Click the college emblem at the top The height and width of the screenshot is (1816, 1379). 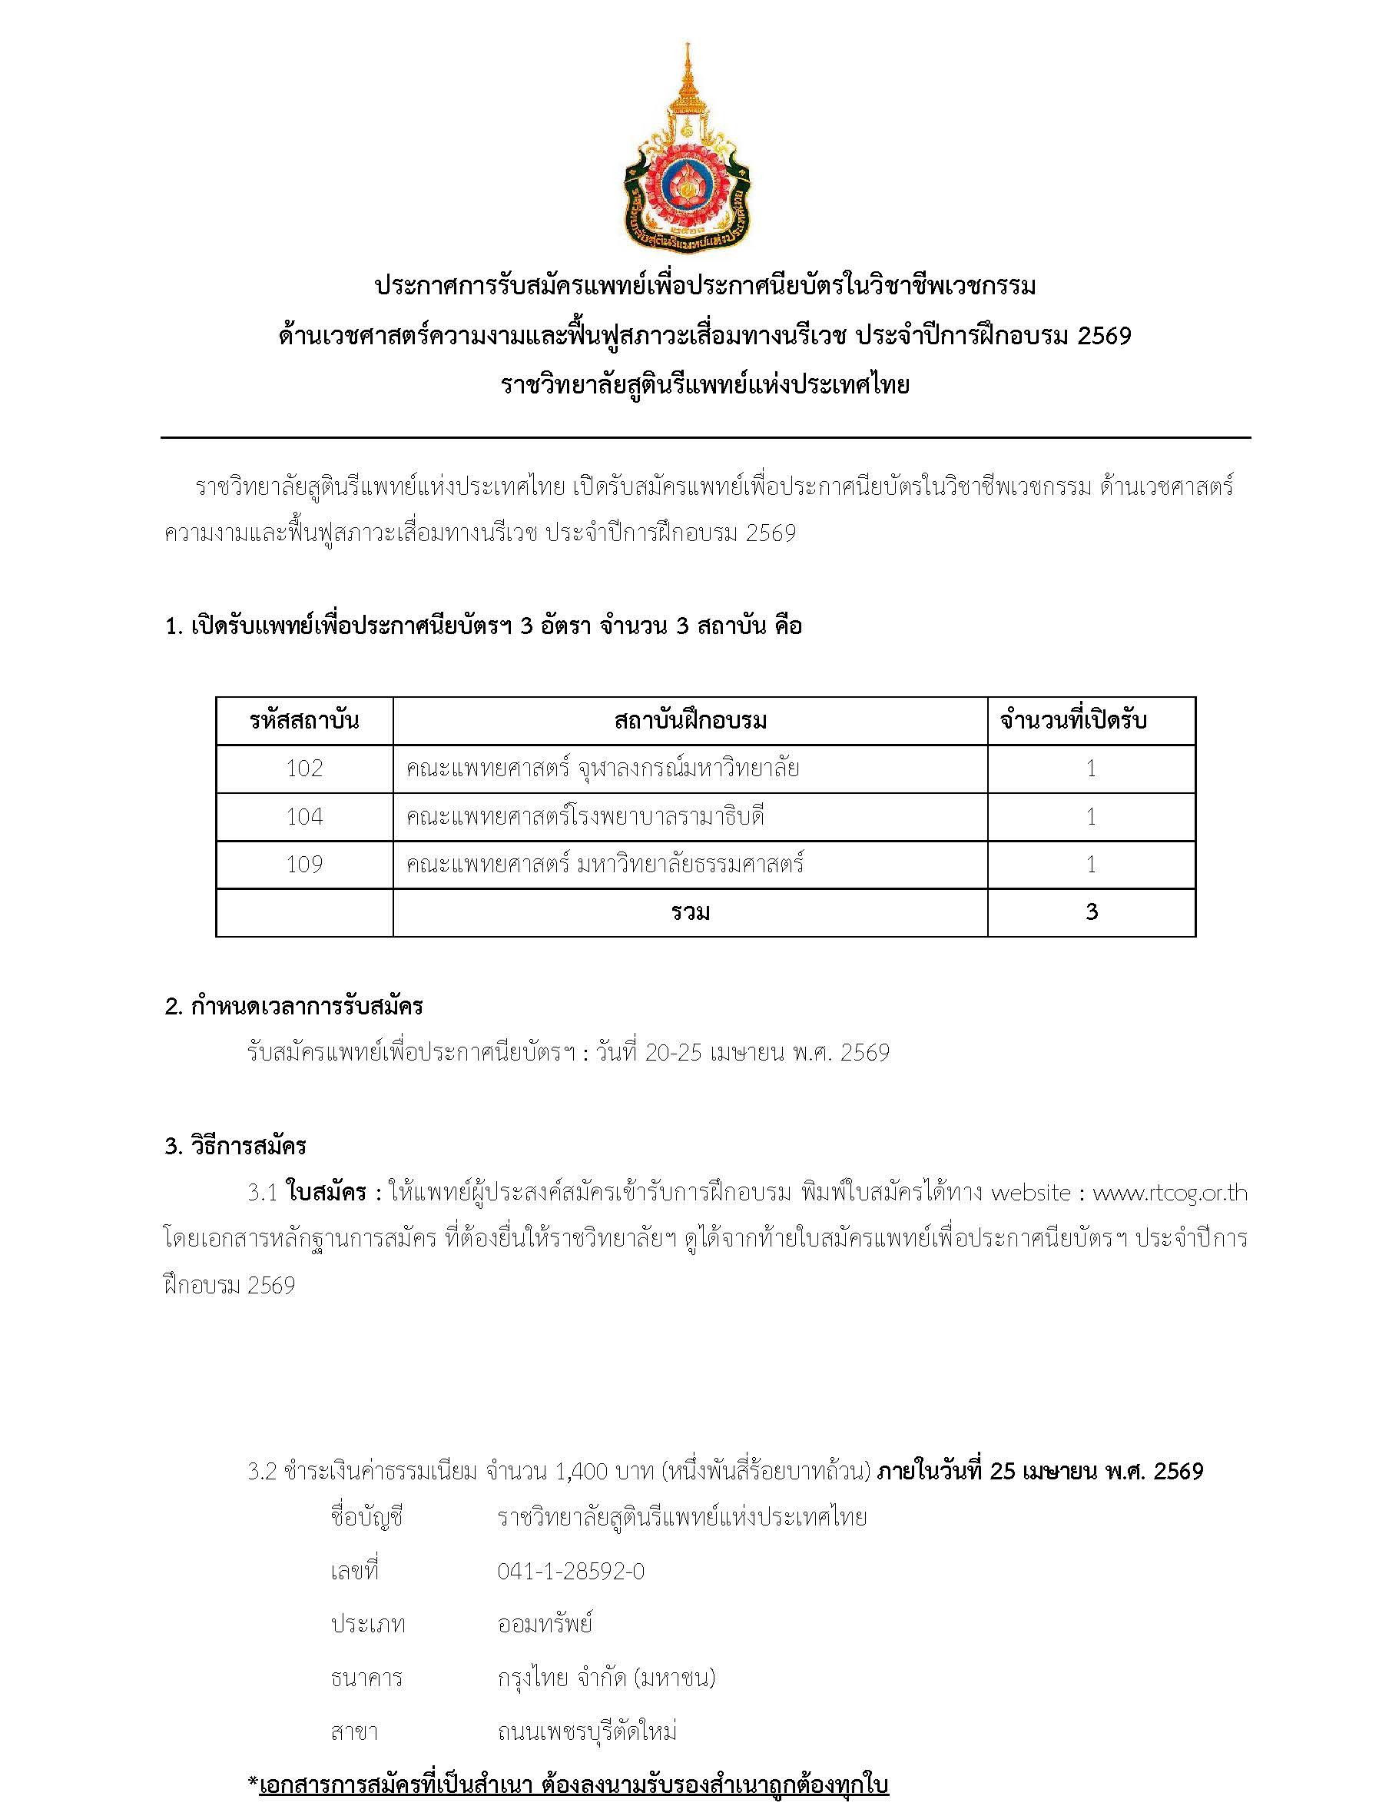pos(688,148)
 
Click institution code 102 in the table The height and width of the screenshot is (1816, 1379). pos(304,769)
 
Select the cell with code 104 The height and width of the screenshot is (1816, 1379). pos(304,816)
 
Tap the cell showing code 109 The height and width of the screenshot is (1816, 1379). pos(304,864)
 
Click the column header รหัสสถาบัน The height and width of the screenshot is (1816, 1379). pos(304,721)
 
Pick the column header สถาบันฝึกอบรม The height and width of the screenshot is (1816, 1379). pos(690,721)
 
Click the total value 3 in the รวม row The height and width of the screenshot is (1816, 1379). pos(1091,912)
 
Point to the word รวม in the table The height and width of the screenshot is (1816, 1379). pos(690,912)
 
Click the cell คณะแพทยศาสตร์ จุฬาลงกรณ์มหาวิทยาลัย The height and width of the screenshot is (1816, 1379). pos(602,769)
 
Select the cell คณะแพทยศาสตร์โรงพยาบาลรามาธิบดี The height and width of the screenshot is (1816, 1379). pos(585,816)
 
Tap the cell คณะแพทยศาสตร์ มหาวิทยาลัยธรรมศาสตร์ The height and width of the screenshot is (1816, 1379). pos(605,864)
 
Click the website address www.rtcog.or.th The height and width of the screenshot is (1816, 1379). pos(1170,1192)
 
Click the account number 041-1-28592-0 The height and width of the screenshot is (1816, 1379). pos(571,1572)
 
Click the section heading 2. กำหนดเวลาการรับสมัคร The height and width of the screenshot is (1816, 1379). pos(294,1006)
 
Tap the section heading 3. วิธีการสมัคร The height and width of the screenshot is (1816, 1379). pos(236,1145)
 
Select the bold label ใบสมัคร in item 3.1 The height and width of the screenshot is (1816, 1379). pos(326,1192)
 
